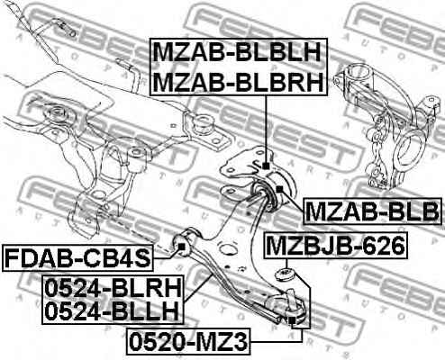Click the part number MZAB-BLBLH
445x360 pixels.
click(x=238, y=52)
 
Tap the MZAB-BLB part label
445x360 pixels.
click(x=372, y=211)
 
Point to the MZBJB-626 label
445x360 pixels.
click(x=335, y=245)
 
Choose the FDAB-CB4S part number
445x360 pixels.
click(x=77, y=258)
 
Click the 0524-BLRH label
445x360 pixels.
click(x=114, y=287)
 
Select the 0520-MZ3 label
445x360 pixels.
click(x=188, y=341)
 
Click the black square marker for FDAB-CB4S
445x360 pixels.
click(x=181, y=247)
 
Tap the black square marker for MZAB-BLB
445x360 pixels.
click(x=279, y=189)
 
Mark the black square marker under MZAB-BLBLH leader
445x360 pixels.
click(x=266, y=166)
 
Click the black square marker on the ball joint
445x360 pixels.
click(x=292, y=320)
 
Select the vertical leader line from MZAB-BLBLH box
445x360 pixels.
click(x=266, y=129)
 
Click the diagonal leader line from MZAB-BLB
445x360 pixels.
click(x=294, y=202)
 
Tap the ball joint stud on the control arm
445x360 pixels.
click(x=290, y=299)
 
